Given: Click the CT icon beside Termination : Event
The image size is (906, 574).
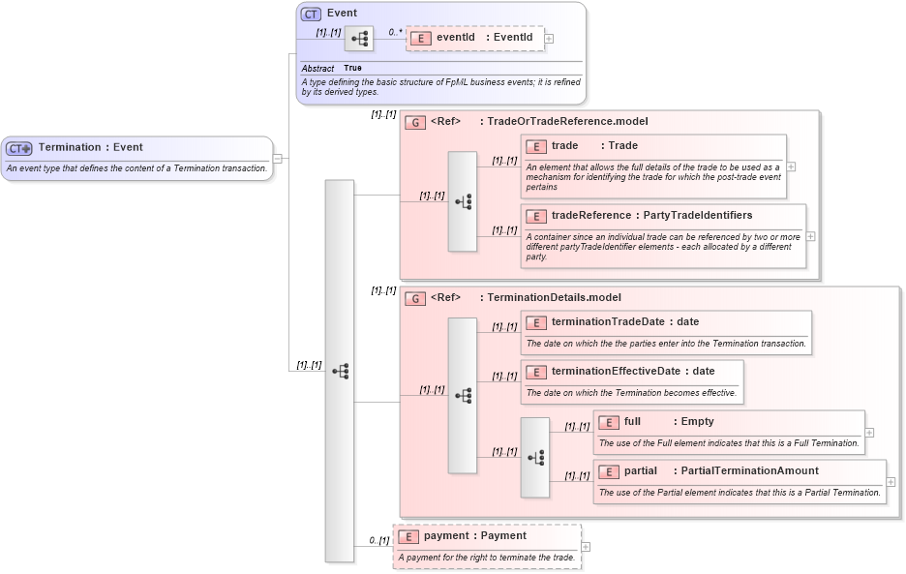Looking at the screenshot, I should coord(19,148).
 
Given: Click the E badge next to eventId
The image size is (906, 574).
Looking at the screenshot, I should coord(421,38).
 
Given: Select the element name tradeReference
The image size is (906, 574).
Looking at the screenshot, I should coord(589,215).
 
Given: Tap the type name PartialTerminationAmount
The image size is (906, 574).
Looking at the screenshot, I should coord(749,470).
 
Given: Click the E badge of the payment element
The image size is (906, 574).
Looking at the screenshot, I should coord(408,536).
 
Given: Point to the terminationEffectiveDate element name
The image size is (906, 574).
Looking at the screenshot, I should coord(616,371).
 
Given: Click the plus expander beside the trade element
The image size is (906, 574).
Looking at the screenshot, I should coord(791,166).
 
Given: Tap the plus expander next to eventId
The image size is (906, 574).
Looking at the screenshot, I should coord(550,39).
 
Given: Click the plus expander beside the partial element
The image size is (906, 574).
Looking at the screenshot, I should coord(891,482).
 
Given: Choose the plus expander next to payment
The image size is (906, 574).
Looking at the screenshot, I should coord(586,547).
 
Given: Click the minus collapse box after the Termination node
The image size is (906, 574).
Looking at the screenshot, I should coord(278,159).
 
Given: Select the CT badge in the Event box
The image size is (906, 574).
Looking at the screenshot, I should coord(311,14).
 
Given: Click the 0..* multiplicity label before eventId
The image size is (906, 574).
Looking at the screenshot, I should coord(395,32).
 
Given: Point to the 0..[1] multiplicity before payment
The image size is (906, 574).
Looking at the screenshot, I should coord(378,540).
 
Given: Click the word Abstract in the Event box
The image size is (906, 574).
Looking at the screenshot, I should coord(317,69).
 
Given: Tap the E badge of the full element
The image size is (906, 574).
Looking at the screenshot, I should coord(609,422).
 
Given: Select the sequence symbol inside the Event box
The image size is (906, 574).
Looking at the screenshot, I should coord(359,39).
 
